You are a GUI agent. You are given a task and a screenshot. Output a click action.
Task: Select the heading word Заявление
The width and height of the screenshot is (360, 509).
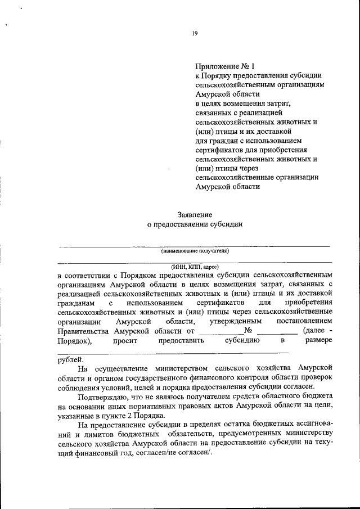pyautogui.click(x=194, y=214)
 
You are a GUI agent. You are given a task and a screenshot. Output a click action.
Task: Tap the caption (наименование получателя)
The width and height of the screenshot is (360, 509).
pyautogui.click(x=195, y=251)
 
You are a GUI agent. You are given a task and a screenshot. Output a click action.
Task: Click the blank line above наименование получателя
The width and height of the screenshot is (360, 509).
pyautogui.click(x=195, y=246)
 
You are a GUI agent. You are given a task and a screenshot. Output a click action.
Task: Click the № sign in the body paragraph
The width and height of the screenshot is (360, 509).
pyautogui.click(x=247, y=330)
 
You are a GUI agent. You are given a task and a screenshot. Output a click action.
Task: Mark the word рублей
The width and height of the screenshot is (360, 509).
pyautogui.click(x=70, y=359)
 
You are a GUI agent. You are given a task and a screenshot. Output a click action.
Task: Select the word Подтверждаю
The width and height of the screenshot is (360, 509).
pyautogui.click(x=104, y=396)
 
